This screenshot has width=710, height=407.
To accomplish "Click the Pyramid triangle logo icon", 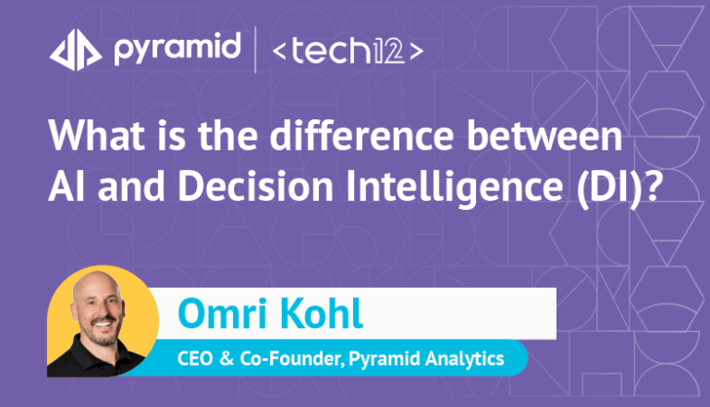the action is click(76, 50).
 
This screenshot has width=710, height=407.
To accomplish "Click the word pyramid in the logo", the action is click(177, 49).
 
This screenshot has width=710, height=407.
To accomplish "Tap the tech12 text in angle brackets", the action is click(348, 51).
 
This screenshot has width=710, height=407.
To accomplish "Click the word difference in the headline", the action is click(361, 135).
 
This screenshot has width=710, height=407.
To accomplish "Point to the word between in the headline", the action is click(545, 135).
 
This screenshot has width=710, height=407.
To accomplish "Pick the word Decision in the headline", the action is click(256, 185).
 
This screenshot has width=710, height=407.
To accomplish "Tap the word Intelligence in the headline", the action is click(455, 187).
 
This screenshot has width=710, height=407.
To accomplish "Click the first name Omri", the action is click(222, 314).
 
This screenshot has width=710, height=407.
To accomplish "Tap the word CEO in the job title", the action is click(195, 359).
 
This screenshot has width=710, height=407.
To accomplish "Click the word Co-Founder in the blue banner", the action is click(292, 359).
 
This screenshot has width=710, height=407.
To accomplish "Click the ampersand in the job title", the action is click(226, 359).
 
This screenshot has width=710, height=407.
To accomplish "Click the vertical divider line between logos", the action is click(255, 50).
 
